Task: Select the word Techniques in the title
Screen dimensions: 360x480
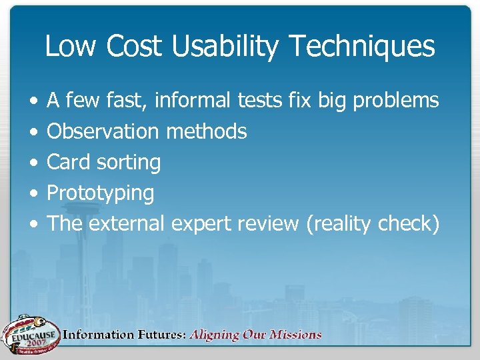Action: [x=374, y=47]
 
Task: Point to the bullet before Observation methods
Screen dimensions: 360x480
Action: [x=33, y=132]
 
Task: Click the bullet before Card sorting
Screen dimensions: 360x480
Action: [x=33, y=163]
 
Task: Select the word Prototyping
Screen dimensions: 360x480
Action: [x=100, y=193]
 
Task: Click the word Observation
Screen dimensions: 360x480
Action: [x=103, y=131]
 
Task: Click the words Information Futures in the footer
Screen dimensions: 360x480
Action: [x=124, y=335]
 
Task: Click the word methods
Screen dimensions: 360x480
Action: [x=206, y=131]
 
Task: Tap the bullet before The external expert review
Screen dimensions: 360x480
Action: [x=33, y=224]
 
